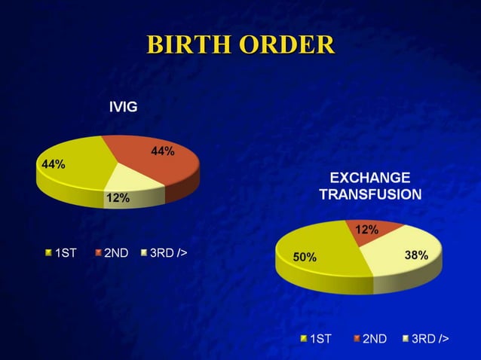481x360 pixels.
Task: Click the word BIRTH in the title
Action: pos(188,44)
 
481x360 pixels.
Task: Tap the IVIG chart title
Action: pos(123,107)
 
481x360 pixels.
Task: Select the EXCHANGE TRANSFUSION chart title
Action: pos(370,186)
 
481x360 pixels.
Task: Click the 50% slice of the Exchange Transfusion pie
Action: pos(320,252)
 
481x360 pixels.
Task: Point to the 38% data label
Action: pos(416,255)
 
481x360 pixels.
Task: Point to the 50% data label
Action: pos(305,258)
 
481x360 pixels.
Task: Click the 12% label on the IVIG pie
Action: pos(118,198)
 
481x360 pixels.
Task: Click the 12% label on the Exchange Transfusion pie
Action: pos(366,230)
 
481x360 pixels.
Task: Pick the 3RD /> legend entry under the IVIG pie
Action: pos(164,252)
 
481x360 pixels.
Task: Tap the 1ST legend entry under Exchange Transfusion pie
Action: pos(316,339)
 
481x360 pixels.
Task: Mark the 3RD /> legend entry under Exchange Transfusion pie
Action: pos(424,339)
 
